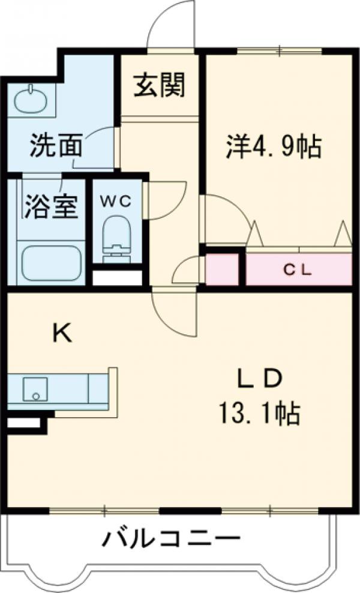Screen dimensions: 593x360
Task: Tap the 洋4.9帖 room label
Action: click(273, 146)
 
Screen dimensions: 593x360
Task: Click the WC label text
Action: click(115, 201)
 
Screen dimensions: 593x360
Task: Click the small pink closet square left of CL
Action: click(223, 270)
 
